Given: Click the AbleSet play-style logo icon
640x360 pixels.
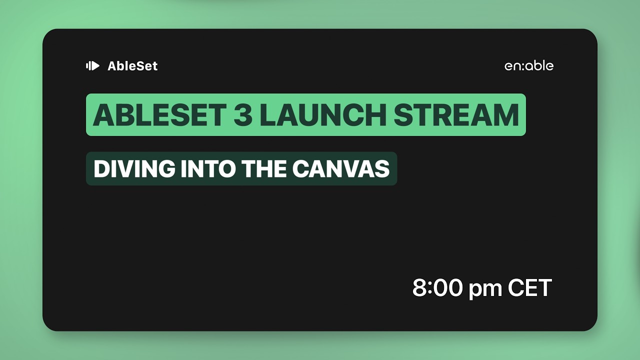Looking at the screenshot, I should (92, 66).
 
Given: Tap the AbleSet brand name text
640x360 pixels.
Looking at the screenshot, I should (132, 66).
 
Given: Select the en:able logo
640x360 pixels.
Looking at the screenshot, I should (529, 66).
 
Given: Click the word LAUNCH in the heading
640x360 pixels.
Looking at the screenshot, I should (323, 115).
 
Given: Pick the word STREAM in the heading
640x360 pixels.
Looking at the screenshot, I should (456, 115).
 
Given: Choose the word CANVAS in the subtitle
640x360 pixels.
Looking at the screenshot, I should (340, 169).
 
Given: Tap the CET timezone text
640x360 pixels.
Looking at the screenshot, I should (530, 288).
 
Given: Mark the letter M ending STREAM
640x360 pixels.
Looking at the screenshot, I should (504, 115).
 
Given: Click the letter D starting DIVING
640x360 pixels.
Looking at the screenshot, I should (101, 169).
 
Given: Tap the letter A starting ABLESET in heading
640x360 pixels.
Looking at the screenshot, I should (102, 115).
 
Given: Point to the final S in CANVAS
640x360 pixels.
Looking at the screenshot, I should (382, 169).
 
